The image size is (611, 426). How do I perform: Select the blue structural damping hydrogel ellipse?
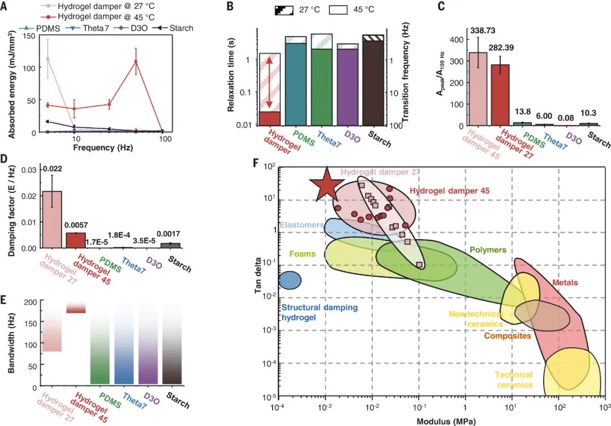click(290, 279)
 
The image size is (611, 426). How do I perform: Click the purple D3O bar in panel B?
click(347, 84)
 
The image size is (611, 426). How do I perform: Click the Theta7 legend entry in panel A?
click(93, 28)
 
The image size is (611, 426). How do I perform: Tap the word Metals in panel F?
click(564, 282)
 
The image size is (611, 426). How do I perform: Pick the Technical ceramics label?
click(514, 380)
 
